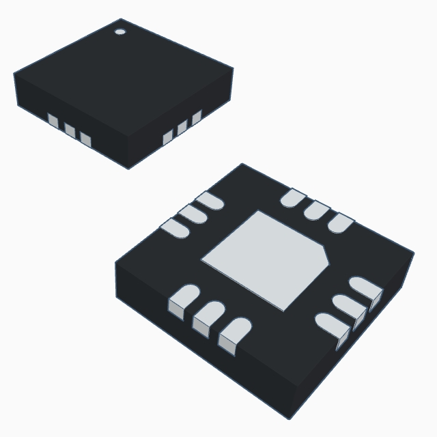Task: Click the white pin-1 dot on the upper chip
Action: point(120,31)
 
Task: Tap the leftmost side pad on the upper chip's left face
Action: point(53,121)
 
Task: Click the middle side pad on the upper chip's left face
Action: point(70,130)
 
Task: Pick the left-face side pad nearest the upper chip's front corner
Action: point(85,139)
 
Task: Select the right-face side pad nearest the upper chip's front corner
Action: point(168,138)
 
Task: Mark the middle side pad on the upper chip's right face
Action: point(182,128)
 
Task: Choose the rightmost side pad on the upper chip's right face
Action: point(197,117)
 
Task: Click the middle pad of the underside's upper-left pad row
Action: point(192,214)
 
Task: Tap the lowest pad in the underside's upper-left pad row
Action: point(175,229)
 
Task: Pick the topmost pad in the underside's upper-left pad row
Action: point(209,200)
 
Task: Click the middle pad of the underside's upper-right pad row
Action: point(317,210)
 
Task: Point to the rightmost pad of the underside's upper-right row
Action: point(341,223)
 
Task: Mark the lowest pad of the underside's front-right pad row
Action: point(333,325)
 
